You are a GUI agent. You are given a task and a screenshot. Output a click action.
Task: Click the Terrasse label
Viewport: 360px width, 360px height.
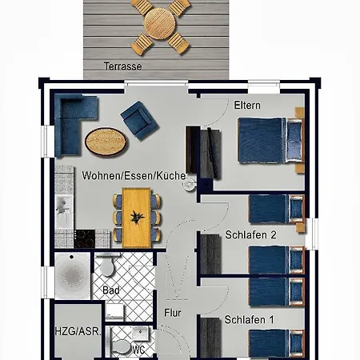[x=123, y=66]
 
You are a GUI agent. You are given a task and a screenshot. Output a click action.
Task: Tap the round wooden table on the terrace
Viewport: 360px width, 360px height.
[x=159, y=24]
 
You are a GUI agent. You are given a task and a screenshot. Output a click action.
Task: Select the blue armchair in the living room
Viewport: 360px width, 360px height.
[x=139, y=120]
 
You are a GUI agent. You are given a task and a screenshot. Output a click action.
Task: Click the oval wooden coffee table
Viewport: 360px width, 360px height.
[x=106, y=142]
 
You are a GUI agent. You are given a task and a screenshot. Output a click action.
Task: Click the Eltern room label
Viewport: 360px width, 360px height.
[x=247, y=106]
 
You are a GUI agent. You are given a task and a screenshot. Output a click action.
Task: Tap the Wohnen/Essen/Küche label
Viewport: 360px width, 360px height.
[x=134, y=176]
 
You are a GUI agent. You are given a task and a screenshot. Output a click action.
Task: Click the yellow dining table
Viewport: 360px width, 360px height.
[x=137, y=218]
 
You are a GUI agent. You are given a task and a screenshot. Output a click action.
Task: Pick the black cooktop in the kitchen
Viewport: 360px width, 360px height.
[x=85, y=238]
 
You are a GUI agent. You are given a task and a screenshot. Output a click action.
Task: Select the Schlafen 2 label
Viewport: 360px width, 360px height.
[x=250, y=235]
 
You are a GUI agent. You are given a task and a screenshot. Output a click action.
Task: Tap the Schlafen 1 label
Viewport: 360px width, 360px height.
[x=250, y=320]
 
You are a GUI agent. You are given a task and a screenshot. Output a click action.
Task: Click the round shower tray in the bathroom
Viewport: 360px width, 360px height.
[x=72, y=275]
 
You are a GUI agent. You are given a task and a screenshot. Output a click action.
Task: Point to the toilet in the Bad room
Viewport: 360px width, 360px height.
[x=107, y=266]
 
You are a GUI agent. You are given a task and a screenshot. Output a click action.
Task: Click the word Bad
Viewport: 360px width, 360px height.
[x=111, y=290]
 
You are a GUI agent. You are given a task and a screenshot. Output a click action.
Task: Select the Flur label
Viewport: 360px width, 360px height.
[x=173, y=313]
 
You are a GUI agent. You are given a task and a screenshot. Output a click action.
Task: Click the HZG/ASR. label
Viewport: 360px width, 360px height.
[x=78, y=331]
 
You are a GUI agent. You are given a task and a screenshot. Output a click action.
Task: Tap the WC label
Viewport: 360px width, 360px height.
[x=138, y=350]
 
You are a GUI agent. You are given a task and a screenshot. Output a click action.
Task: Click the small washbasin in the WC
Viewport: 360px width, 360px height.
[x=141, y=334]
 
